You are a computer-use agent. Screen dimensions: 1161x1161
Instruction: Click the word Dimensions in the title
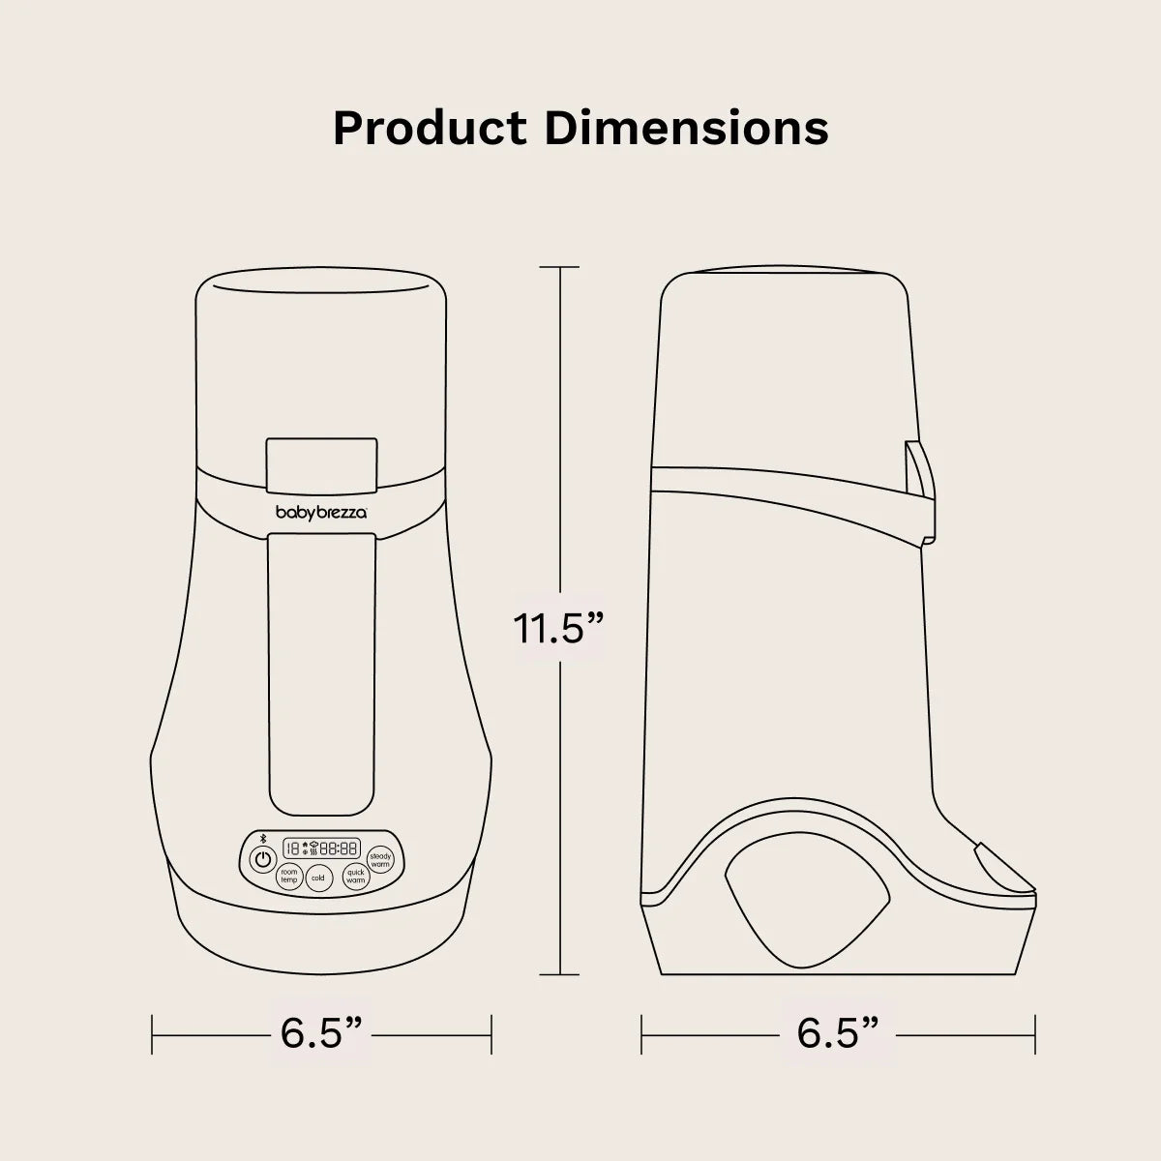pos(685,128)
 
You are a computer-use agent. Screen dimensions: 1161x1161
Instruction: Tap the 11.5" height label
pos(559,629)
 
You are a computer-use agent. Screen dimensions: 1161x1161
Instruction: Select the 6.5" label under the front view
pos(321,1034)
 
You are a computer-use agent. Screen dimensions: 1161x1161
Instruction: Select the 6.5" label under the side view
pos(838,1034)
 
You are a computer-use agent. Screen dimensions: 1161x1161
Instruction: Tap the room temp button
pos(288,877)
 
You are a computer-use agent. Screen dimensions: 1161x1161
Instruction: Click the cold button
pos(317,878)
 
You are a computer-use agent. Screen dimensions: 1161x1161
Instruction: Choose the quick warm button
pos(355,878)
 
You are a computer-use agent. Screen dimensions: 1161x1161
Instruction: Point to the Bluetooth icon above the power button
pos(262,837)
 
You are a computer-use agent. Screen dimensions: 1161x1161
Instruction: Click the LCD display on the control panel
pos(320,848)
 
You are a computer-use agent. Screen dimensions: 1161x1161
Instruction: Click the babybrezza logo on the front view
pos(321,514)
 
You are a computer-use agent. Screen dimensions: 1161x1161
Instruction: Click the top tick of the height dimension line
pos(559,267)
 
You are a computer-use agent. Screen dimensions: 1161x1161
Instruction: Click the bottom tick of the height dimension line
pos(559,975)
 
